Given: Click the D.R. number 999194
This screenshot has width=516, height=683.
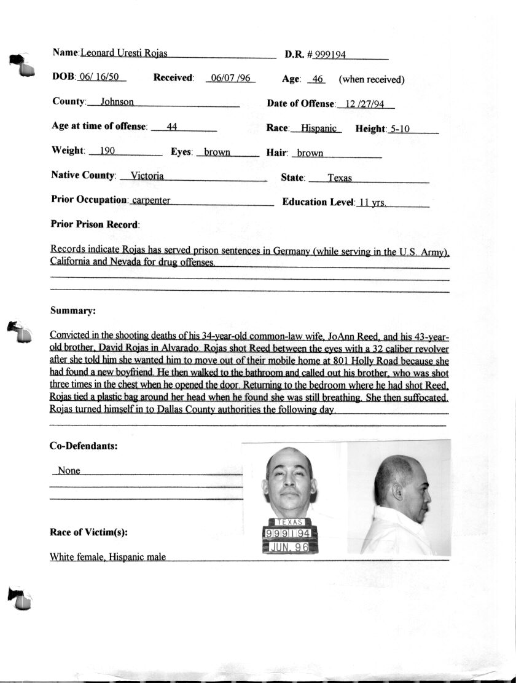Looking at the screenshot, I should pyautogui.click(x=330, y=55).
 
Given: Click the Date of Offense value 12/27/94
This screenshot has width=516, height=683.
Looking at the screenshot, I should pyautogui.click(x=365, y=104).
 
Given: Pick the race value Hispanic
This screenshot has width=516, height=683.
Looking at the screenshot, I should pyautogui.click(x=319, y=128).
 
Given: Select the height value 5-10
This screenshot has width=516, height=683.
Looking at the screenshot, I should pyautogui.click(x=404, y=129).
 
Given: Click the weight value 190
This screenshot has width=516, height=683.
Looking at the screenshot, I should pyautogui.click(x=107, y=151).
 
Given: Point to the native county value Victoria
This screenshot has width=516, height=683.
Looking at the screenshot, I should pyautogui.click(x=147, y=176).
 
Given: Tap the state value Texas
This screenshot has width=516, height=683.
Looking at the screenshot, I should pyautogui.click(x=339, y=178).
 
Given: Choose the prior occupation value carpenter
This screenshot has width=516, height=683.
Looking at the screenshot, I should pyautogui.click(x=151, y=200).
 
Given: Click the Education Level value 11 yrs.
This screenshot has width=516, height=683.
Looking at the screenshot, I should pyautogui.click(x=372, y=202).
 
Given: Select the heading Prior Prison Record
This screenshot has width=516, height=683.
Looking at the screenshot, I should pyautogui.click(x=95, y=224).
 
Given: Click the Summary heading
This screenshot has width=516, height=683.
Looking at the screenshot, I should pyautogui.click(x=72, y=311).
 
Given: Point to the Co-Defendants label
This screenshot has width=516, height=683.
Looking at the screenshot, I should pyautogui.click(x=83, y=446).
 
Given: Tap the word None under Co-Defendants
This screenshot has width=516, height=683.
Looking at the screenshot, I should pyautogui.click(x=68, y=471).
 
